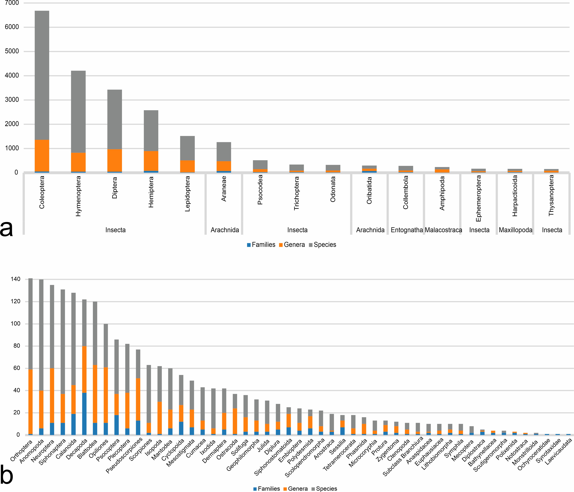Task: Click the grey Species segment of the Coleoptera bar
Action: point(42,75)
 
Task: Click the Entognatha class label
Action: point(407,230)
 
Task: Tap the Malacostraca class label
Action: point(443,230)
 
